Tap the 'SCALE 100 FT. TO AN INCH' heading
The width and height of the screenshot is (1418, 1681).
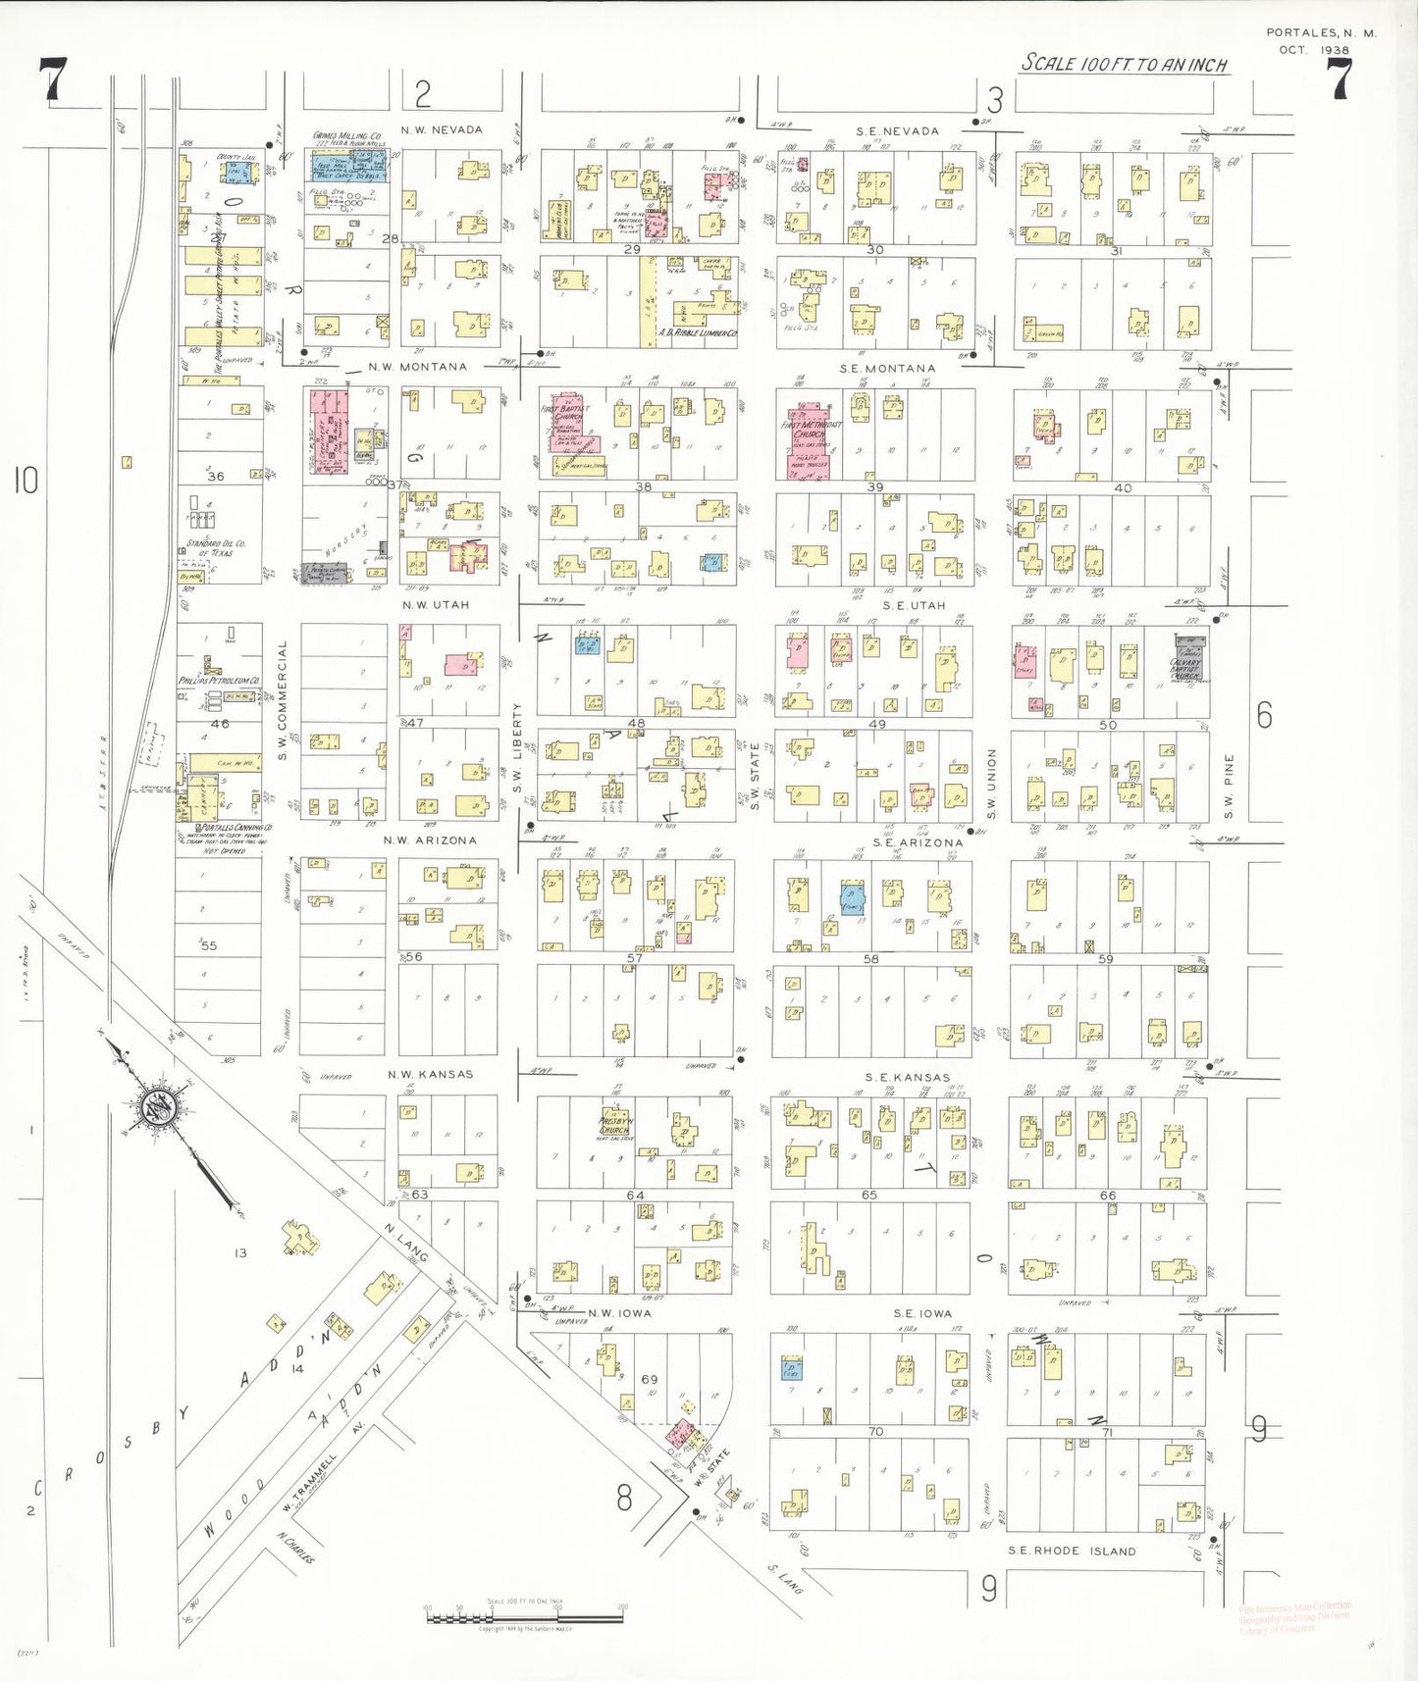click(x=1124, y=64)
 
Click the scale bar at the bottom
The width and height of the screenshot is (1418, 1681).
click(x=526, y=1617)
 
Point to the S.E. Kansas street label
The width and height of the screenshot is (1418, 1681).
click(x=908, y=1077)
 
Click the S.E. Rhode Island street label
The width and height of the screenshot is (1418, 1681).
click(x=1073, y=1551)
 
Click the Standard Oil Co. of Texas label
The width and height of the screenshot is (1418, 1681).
click(x=217, y=547)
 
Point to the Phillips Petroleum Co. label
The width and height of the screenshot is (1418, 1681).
click(x=219, y=680)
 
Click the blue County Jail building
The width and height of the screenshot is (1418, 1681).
click(x=236, y=171)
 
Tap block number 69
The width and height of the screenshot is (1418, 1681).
click(x=649, y=1379)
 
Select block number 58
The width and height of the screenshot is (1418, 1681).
click(x=870, y=958)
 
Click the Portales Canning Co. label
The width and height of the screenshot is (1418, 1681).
click(x=224, y=828)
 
